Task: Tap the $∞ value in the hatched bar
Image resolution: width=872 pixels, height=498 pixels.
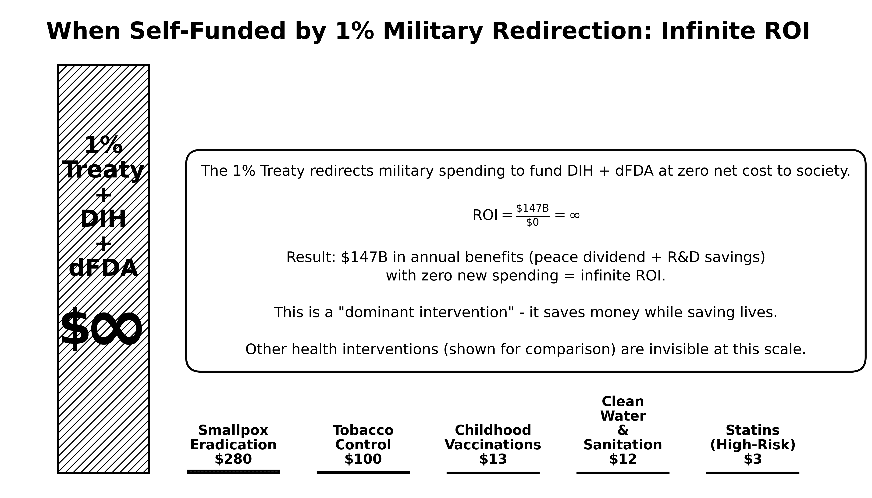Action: (101, 329)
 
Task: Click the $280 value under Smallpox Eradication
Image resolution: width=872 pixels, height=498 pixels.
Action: (233, 459)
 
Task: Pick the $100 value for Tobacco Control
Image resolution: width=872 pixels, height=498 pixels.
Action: (363, 459)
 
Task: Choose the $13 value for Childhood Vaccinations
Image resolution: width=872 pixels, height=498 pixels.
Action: (493, 459)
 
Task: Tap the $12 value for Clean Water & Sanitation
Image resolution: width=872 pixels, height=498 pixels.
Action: (623, 459)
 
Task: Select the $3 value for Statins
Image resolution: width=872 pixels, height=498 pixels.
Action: (752, 459)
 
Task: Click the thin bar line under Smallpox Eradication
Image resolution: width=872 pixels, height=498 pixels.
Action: (233, 472)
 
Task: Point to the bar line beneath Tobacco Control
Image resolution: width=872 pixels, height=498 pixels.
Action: (363, 472)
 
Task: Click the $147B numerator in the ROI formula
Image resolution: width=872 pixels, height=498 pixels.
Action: (532, 208)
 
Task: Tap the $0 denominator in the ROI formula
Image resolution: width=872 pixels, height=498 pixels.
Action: (532, 223)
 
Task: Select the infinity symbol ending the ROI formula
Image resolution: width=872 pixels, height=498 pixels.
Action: (574, 215)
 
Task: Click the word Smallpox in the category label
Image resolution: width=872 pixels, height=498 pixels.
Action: (233, 430)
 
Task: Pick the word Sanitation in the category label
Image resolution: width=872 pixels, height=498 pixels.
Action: (623, 445)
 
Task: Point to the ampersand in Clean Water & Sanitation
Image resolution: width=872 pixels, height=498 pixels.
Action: (623, 430)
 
